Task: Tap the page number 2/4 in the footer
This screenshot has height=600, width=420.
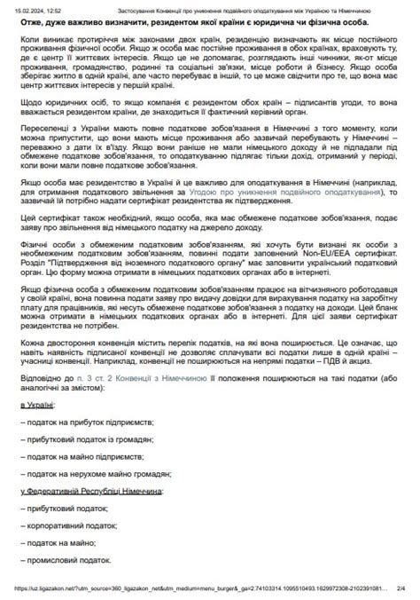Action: pos(401,588)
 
